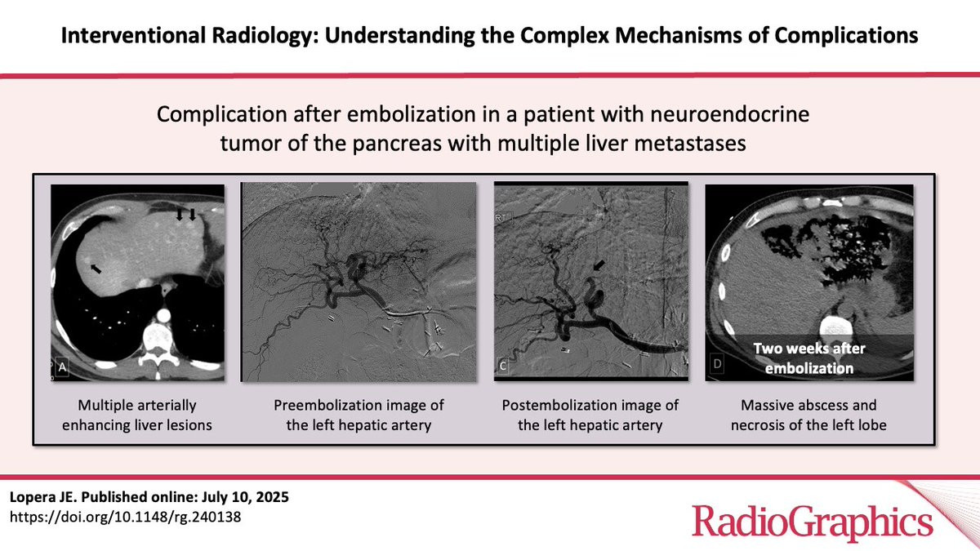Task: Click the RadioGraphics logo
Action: pos(812,522)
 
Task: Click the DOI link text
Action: pos(125,517)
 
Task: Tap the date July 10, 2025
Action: pos(246,497)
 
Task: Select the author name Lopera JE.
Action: pos(43,497)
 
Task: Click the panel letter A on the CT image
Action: pos(63,367)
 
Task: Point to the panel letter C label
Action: pos(503,366)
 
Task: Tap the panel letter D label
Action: pos(718,364)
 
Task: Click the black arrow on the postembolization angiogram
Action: pos(599,265)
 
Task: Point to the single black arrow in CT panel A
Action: pos(96,268)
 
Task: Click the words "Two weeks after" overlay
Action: pos(809,349)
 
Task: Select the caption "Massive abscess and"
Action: pos(808,406)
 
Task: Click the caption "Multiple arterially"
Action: pos(137,406)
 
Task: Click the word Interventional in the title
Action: pos(133,35)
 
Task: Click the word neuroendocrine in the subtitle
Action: pos(730,114)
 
